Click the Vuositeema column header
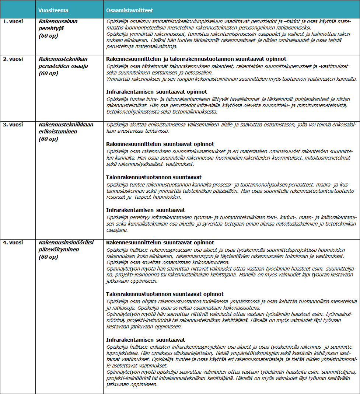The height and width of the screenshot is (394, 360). pos(53,10)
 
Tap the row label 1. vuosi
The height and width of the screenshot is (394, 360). pos(11,21)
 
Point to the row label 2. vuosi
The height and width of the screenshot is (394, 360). pos(11,59)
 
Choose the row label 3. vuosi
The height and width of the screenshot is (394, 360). pos(11,125)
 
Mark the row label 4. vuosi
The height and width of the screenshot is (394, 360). pos(11,243)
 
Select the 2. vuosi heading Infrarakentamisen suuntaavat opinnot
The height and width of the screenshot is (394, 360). pos(157,92)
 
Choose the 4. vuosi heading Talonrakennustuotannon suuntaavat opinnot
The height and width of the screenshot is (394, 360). pos(165,294)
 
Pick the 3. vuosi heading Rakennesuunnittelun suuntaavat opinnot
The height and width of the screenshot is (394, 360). pos(160,144)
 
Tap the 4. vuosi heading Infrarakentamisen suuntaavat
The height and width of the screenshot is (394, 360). pos(146,340)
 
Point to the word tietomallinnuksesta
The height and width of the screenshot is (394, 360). pos(198,112)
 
